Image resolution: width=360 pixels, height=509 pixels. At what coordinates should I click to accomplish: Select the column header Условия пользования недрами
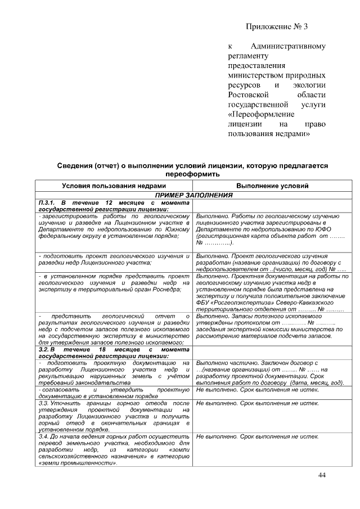coord(114,186)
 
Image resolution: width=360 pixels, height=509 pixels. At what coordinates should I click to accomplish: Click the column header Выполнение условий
coord(272,186)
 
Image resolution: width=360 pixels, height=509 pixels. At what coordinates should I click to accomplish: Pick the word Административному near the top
coord(288,47)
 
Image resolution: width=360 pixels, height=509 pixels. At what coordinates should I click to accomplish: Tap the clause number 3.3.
coord(43,404)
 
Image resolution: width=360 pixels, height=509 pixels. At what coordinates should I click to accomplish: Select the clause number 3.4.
coord(43,436)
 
